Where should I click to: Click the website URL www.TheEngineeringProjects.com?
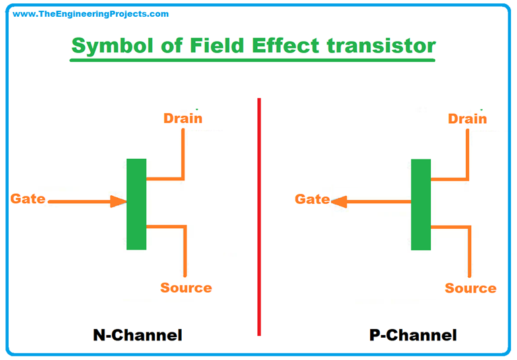90,13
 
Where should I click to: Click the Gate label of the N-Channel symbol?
28,199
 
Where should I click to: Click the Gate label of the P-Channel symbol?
312,199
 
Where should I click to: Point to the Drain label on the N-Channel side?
182,118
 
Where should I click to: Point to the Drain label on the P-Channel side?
467,118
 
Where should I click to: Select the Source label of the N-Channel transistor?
186,288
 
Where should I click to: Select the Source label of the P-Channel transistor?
471,289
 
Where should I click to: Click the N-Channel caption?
137,334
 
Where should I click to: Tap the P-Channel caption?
413,334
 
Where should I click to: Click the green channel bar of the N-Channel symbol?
136,204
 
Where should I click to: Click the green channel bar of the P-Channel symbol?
421,204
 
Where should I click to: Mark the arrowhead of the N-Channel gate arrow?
119,201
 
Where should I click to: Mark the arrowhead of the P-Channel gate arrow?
339,201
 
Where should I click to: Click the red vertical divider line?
259,215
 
